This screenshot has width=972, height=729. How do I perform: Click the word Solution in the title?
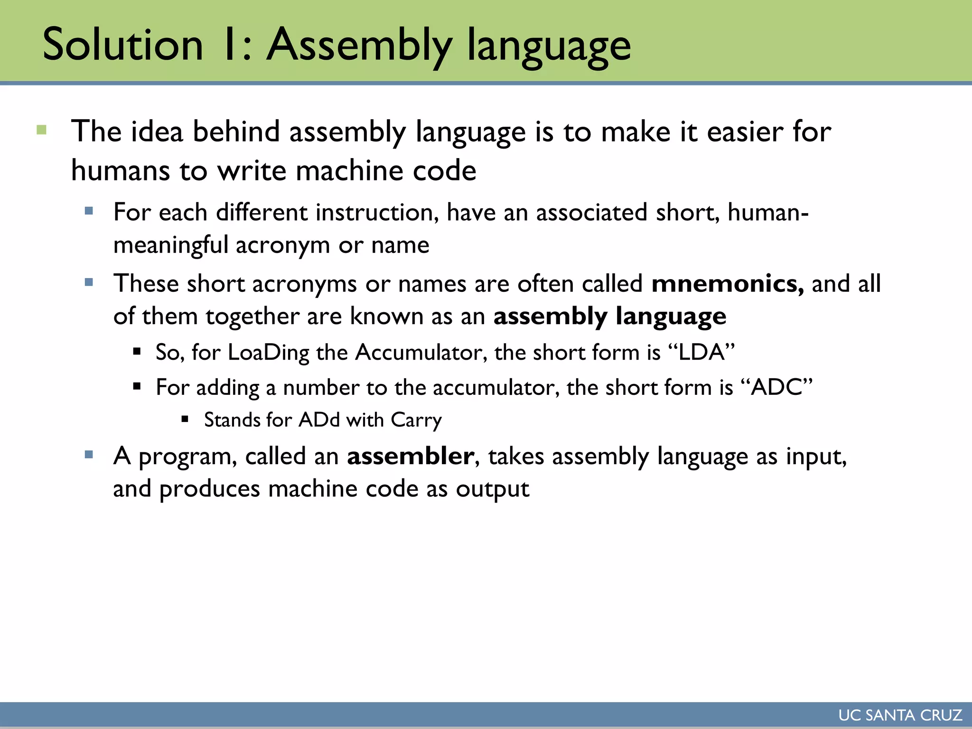pos(122,45)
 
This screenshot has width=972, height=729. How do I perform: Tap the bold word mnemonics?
pos(727,284)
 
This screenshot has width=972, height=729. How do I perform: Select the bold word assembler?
pos(411,456)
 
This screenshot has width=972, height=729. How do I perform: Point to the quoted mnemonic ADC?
pos(776,387)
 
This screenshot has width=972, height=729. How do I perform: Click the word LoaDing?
pos(269,353)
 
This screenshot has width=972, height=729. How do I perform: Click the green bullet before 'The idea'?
pos(42,130)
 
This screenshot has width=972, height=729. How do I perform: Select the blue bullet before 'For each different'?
pos(89,210)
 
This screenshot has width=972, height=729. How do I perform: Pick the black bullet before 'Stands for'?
pos(185,419)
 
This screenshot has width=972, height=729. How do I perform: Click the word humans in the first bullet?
pos(121,171)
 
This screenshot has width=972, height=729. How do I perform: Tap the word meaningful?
pos(171,245)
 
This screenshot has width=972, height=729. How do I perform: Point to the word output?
pos(492,489)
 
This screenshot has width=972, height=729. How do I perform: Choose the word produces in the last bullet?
pos(209,489)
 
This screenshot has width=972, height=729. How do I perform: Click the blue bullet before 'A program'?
pos(89,455)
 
